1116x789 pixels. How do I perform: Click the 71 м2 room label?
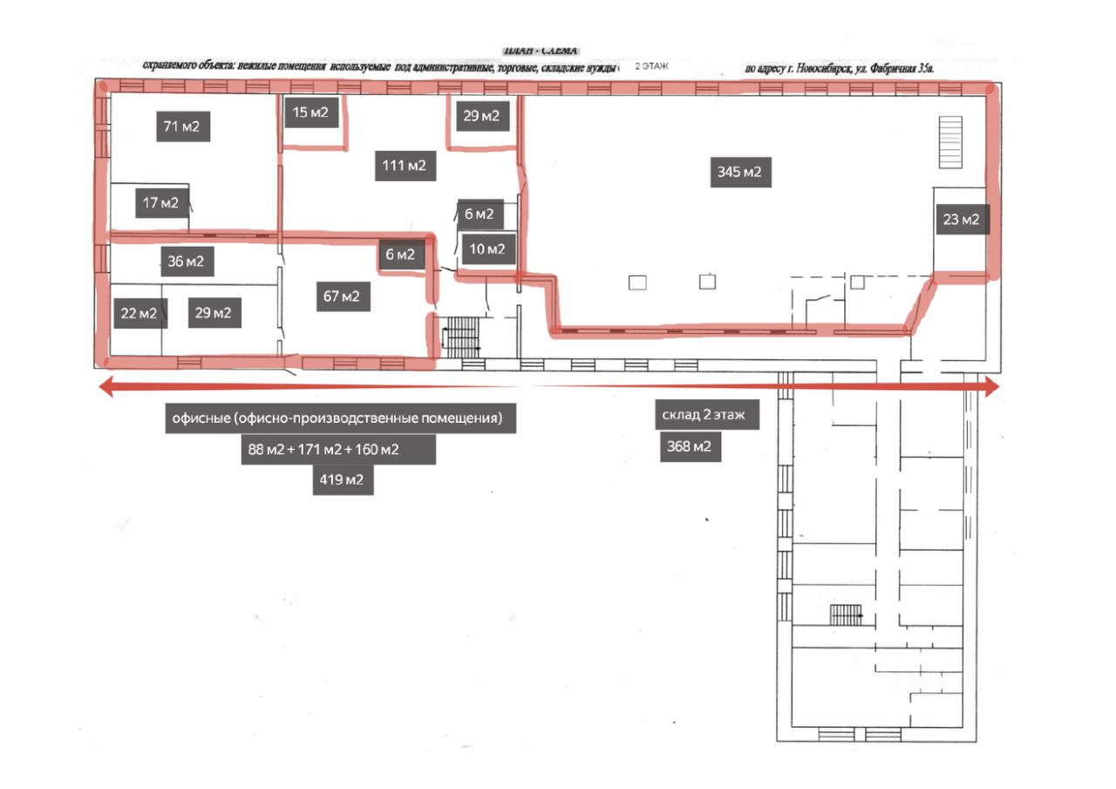tap(182, 126)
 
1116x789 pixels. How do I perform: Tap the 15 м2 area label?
tap(310, 112)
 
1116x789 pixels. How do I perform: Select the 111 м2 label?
tap(405, 165)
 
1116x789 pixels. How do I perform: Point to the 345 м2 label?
tap(739, 172)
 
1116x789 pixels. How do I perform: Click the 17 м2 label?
tap(160, 203)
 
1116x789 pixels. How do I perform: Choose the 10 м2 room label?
tap(487, 249)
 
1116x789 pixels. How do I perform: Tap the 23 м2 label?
tap(961, 221)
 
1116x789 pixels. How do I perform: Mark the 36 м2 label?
tap(185, 261)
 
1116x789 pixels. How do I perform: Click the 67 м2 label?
tap(342, 296)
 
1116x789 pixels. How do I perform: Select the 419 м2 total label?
tap(343, 480)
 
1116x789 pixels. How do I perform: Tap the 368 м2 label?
tap(690, 447)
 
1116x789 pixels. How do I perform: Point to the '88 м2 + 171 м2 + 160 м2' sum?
tap(337, 450)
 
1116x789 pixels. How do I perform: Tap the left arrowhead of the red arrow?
tap(105, 388)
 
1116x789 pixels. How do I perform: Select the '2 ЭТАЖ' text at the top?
tap(650, 66)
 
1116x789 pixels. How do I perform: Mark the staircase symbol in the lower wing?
tap(847, 616)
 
